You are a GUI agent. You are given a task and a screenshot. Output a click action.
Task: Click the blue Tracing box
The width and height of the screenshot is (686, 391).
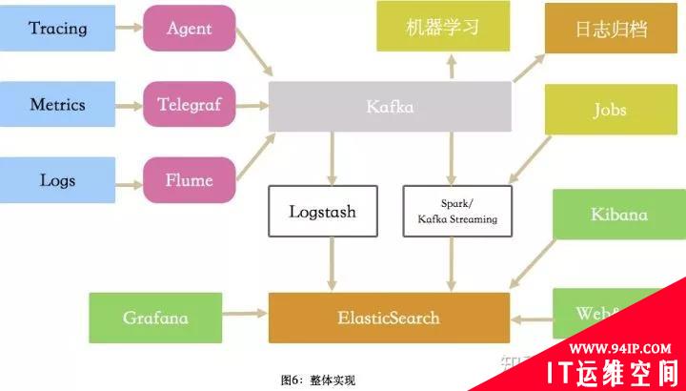[x=57, y=28]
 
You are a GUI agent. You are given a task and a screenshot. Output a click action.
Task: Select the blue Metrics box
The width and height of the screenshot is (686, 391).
[x=57, y=105]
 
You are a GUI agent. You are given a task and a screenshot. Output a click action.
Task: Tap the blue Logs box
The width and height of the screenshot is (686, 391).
[x=57, y=180]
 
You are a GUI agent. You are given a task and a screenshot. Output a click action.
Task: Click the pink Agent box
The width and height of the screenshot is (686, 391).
[x=189, y=28]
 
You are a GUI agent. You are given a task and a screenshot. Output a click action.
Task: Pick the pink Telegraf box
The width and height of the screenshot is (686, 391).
[x=189, y=105]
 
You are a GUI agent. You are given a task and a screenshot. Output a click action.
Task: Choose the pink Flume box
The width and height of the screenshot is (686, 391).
[x=189, y=180]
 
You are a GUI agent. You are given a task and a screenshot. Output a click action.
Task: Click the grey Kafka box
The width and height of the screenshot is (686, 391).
[x=390, y=106]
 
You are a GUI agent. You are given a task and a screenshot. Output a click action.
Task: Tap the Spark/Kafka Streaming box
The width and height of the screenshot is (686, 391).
[x=456, y=212]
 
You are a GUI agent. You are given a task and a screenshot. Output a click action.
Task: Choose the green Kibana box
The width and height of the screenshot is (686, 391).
[x=618, y=214]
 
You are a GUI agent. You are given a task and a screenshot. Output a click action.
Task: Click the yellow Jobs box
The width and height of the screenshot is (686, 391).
[x=610, y=110]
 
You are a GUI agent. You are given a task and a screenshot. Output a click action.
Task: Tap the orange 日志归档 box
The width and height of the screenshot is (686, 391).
[x=611, y=28]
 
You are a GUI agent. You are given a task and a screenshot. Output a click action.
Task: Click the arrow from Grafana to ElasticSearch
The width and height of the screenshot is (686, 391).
[x=245, y=312]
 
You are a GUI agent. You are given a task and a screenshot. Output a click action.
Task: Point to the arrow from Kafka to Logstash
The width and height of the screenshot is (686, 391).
[x=332, y=157]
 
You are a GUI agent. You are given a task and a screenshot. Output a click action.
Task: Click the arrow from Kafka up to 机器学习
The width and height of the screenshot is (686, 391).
[x=451, y=66]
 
